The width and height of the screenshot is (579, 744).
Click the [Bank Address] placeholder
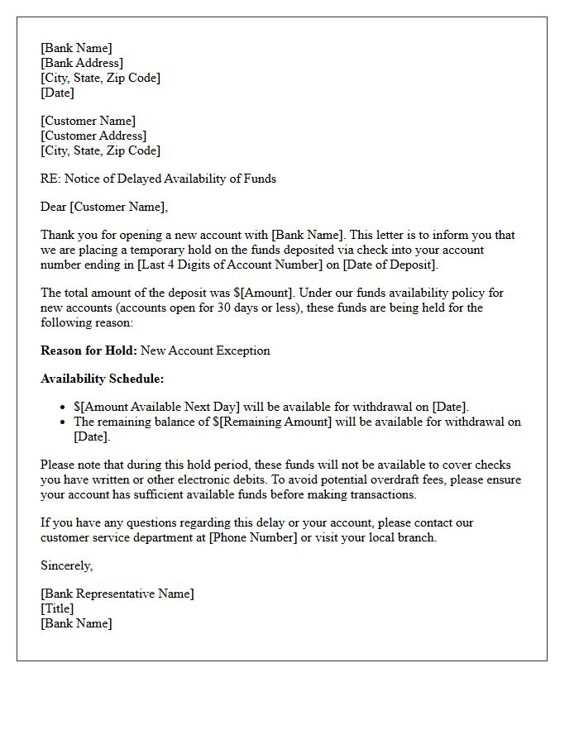(82, 63)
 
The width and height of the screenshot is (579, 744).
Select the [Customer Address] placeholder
(93, 136)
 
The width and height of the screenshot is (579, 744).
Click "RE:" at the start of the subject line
(50, 179)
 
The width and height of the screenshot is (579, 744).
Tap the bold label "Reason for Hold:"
(89, 351)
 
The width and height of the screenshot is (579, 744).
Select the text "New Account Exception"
(205, 351)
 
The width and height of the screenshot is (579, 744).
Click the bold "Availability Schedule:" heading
(103, 379)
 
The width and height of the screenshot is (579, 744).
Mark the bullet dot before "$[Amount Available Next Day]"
(64, 408)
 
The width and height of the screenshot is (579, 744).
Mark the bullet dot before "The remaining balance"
(64, 422)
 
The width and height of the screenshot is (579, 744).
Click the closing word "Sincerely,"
(67, 565)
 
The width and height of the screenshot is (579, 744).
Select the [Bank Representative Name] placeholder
(117, 594)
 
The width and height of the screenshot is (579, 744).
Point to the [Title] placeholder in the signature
(57, 608)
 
